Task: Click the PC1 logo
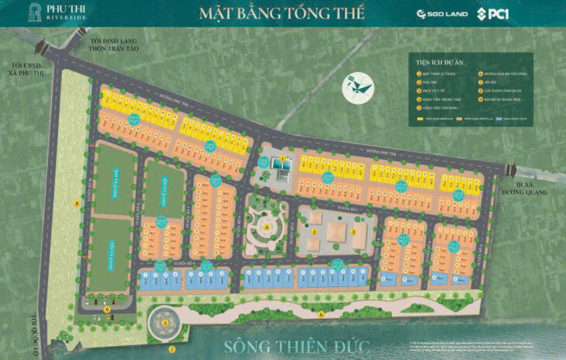(492, 13)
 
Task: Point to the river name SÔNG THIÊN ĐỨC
(282, 344)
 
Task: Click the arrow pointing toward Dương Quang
(511, 170)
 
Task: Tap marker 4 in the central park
(267, 227)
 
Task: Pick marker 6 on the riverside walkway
(321, 313)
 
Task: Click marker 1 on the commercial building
(284, 159)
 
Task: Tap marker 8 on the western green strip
(76, 203)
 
